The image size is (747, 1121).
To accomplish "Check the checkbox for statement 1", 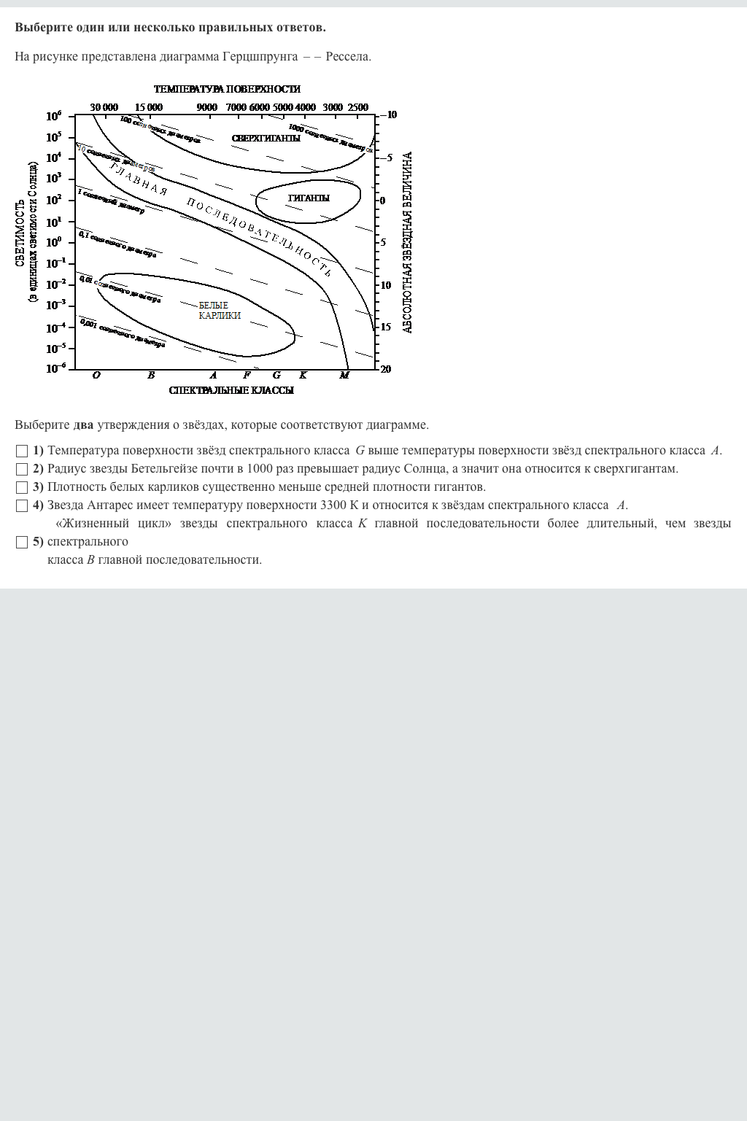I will [x=22, y=451].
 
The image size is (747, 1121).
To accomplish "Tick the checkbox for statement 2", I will [x=22, y=469].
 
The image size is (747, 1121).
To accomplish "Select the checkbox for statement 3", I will [x=22, y=487].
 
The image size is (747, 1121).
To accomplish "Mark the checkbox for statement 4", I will [x=22, y=505].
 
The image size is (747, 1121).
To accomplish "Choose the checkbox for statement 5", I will [x=22, y=542].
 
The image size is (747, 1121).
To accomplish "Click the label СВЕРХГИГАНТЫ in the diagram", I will [x=266, y=139].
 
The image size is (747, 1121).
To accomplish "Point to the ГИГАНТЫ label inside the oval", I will [x=309, y=198].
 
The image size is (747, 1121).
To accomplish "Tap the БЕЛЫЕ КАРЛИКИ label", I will [x=219, y=311].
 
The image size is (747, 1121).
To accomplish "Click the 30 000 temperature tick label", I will [x=104, y=107].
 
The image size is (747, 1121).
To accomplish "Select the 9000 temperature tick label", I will [x=207, y=107].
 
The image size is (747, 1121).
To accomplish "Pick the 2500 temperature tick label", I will [x=358, y=107].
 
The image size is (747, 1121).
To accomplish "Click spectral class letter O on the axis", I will [x=96, y=376].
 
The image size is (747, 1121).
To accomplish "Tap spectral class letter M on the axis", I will [x=344, y=376].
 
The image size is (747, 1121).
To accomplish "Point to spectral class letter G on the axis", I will [x=276, y=376].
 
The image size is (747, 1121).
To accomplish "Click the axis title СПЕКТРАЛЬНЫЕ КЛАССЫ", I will [x=231, y=391].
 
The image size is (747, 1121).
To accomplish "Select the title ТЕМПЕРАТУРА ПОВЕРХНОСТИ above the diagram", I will [x=227, y=89].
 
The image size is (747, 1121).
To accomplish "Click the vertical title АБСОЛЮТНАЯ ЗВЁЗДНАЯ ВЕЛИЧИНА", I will [x=408, y=242].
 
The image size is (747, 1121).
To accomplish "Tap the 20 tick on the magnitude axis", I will [x=386, y=369].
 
